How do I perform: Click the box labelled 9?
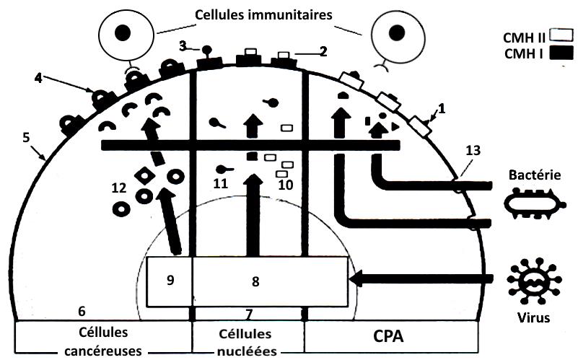(170, 278)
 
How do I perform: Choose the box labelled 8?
(270, 281)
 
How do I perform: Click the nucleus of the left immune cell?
(123, 31)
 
